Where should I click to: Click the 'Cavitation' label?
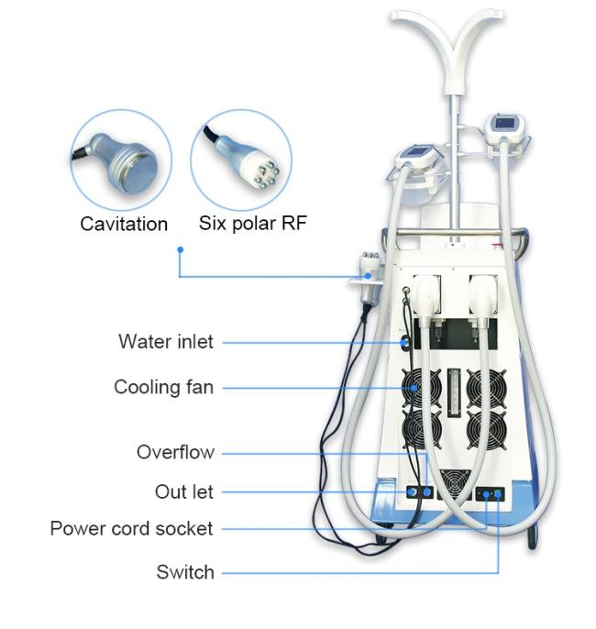point(124,224)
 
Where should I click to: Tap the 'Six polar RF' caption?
point(253,223)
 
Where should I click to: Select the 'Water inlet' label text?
point(166,342)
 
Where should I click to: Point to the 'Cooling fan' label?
point(163,388)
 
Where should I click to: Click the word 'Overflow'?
point(175,452)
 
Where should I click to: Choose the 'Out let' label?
point(184,491)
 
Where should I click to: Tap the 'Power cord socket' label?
point(131,529)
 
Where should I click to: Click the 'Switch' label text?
point(185,572)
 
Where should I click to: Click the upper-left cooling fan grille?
point(422,387)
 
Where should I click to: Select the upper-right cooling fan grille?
point(487,388)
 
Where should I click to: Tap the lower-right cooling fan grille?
point(487,429)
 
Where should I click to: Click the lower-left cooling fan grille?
point(422,428)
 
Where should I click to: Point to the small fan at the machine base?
point(455,484)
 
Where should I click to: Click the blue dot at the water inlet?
point(404,343)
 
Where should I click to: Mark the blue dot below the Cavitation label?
point(181,249)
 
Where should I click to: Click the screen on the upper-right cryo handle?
point(503,122)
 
